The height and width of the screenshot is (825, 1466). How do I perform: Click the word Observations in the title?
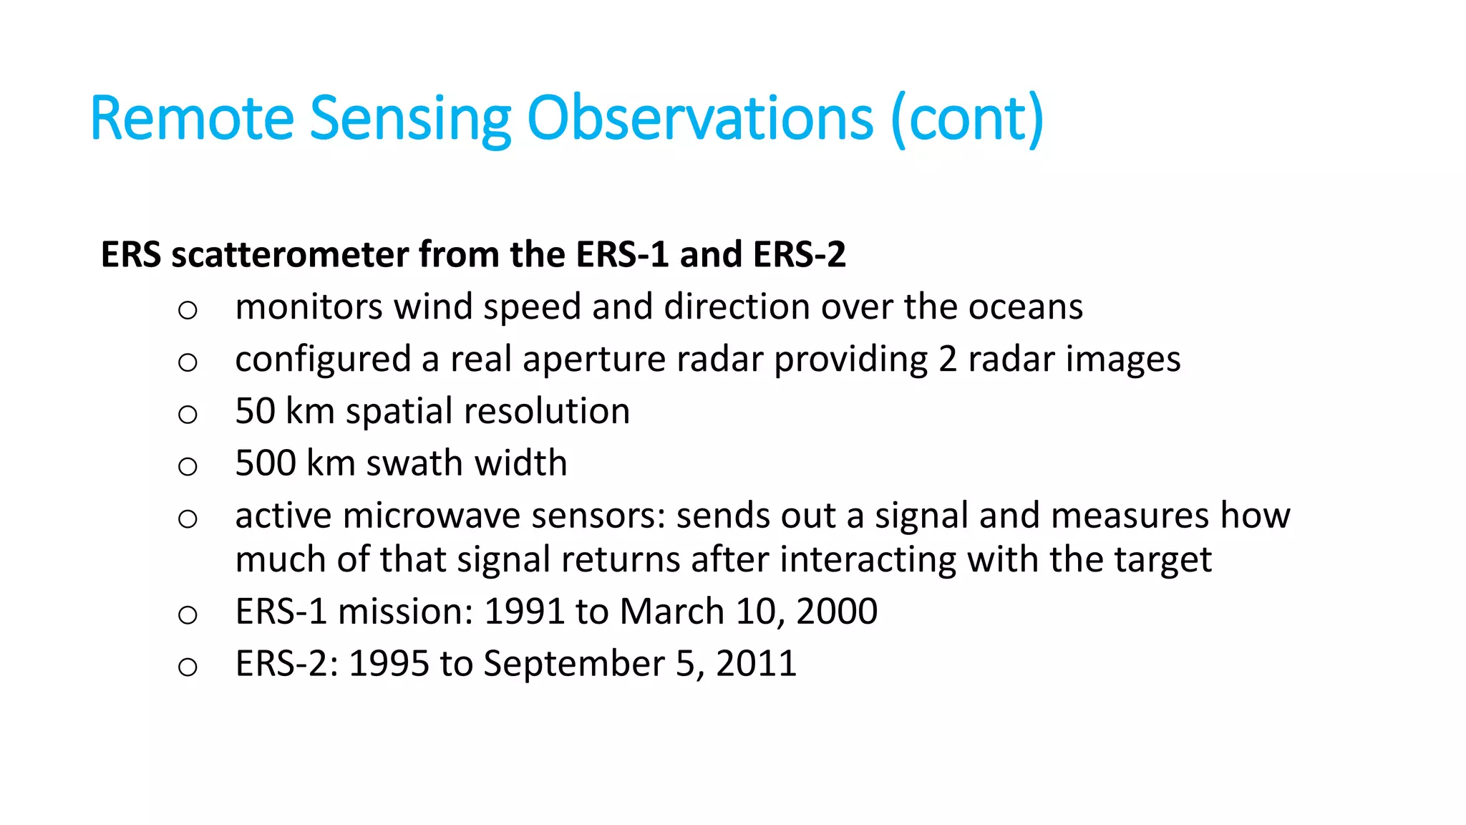click(699, 118)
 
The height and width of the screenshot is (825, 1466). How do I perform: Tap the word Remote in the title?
click(192, 118)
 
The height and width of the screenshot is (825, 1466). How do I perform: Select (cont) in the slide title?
click(968, 118)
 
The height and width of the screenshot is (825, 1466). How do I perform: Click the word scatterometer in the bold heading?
click(289, 254)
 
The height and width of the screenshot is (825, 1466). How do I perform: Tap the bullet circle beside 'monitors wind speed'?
click(188, 310)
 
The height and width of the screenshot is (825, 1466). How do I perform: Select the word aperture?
click(593, 359)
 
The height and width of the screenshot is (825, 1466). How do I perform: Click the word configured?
click(323, 360)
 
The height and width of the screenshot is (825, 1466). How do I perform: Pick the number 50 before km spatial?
click(255, 411)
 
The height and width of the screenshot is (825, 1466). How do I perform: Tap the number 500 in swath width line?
click(266, 463)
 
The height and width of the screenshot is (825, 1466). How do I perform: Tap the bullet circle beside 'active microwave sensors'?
click(188, 518)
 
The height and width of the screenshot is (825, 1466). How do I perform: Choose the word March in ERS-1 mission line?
click(672, 612)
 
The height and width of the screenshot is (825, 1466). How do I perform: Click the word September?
click(573, 664)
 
